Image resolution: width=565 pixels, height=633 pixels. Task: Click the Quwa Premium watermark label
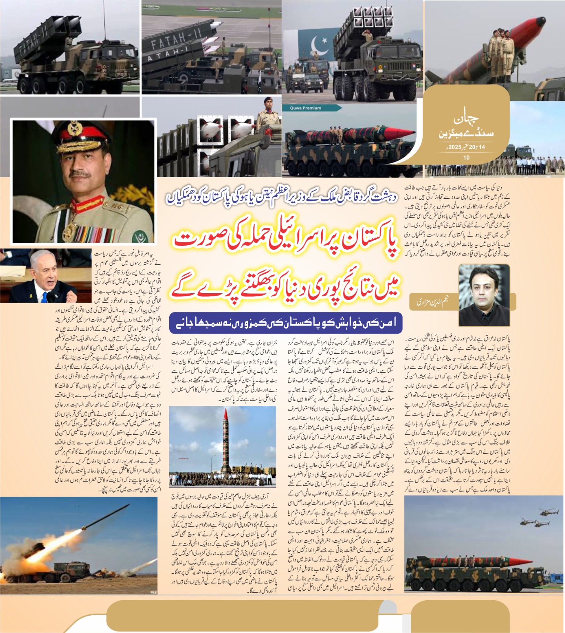[305, 108]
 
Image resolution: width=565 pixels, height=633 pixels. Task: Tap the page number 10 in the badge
[467, 157]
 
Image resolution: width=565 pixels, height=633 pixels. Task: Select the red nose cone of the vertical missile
[226, 415]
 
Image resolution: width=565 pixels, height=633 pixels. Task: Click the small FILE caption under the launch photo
[153, 592]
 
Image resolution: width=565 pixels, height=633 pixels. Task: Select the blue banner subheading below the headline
[285, 323]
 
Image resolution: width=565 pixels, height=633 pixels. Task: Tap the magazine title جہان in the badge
[466, 118]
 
